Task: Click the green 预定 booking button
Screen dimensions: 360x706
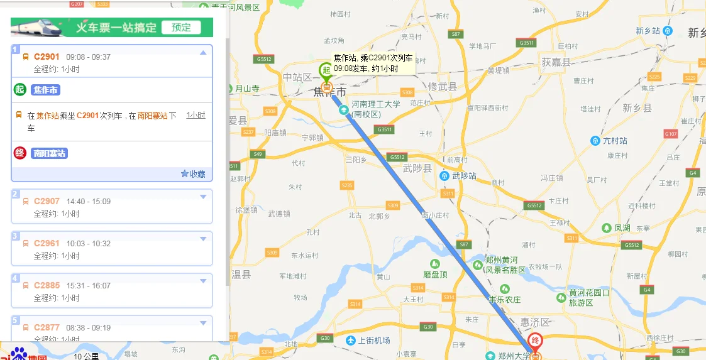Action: coord(181,28)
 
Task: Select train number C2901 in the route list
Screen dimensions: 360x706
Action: coord(47,57)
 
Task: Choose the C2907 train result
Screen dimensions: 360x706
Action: coord(47,202)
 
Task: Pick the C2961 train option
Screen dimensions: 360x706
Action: coord(47,244)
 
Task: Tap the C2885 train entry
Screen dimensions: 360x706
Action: coord(47,286)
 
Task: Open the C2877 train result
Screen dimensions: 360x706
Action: coord(47,328)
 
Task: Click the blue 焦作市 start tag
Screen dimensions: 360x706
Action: coord(45,90)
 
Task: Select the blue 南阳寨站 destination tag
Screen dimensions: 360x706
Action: coord(50,153)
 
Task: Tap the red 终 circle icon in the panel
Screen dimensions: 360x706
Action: coord(20,153)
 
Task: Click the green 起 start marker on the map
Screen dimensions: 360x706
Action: coord(326,71)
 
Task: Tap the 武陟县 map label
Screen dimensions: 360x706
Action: coord(417,168)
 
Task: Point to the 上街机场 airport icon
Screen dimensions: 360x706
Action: coord(351,341)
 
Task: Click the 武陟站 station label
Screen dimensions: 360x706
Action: coord(464,176)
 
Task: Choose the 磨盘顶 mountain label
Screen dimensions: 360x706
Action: coord(435,275)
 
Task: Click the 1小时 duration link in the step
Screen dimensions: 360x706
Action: coord(196,116)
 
